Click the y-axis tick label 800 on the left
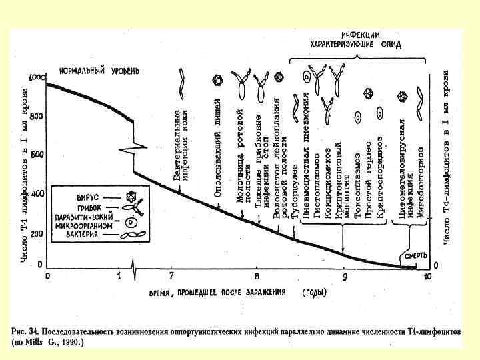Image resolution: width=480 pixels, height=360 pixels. click(x=35, y=116)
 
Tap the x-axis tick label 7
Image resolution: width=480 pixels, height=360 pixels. click(x=171, y=275)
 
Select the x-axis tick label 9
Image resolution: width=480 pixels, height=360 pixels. click(x=345, y=275)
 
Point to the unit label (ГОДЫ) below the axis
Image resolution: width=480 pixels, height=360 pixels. click(x=314, y=292)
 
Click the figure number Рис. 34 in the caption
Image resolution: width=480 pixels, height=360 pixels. click(x=27, y=330)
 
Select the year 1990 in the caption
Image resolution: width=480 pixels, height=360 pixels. click(x=69, y=341)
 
